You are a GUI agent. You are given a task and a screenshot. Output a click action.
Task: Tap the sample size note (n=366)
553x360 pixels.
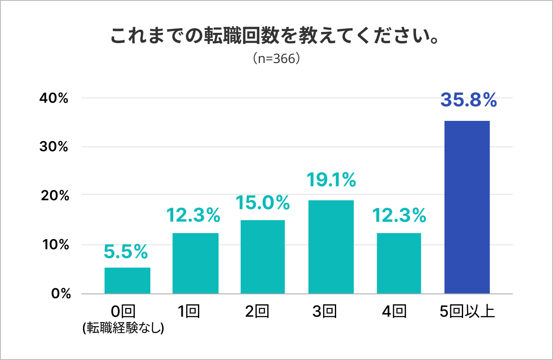[x=276, y=59]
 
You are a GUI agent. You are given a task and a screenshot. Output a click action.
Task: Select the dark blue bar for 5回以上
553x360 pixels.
[x=467, y=207]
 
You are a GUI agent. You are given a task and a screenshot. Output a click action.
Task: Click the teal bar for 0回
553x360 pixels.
[x=127, y=281]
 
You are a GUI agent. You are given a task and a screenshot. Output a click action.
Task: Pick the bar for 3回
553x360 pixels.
[x=331, y=247]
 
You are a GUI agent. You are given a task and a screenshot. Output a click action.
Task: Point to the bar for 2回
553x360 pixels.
[x=263, y=257]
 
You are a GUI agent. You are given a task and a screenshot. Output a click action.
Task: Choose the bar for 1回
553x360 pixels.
[x=195, y=263]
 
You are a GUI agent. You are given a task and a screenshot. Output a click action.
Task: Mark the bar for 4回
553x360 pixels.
[x=399, y=263]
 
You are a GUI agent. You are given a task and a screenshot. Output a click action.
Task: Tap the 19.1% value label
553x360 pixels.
[x=331, y=180]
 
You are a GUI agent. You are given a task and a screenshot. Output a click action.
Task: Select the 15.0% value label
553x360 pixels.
[x=263, y=202]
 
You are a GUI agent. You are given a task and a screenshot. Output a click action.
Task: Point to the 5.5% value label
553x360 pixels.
[x=126, y=251]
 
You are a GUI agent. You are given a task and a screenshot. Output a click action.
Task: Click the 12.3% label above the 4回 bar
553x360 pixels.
[x=399, y=215]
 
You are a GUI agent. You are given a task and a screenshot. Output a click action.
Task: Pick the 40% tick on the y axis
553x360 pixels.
[x=54, y=98]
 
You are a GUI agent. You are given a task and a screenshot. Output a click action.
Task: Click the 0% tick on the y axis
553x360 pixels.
[x=60, y=294]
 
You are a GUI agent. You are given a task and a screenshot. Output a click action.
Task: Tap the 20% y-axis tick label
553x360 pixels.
[x=54, y=196]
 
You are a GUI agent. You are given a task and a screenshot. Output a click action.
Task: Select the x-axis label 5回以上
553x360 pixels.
[x=467, y=311]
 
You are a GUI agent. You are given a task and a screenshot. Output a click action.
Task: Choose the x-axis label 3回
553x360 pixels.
[x=324, y=311]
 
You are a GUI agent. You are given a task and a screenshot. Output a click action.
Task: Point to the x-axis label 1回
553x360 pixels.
[x=188, y=311]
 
